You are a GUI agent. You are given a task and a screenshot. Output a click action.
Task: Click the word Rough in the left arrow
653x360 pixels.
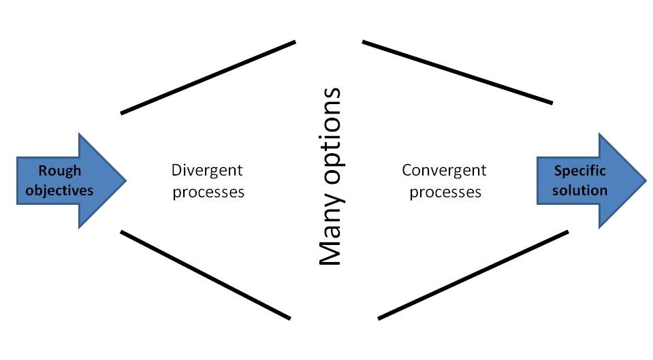[59, 171]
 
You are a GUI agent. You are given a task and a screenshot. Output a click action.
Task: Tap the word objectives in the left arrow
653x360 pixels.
[59, 191]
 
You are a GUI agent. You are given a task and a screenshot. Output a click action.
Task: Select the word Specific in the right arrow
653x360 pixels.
[579, 171]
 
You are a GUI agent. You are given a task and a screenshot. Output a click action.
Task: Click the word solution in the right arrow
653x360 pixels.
[579, 190]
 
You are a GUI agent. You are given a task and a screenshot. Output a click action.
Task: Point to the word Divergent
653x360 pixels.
[207, 171]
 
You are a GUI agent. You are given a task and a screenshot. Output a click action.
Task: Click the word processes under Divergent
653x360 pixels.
[208, 193]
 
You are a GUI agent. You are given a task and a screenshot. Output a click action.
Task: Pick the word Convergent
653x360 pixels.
[444, 171]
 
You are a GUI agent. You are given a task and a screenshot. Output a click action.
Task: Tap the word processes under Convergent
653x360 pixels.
[445, 193]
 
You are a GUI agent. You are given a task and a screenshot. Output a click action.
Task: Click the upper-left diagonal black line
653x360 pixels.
[208, 78]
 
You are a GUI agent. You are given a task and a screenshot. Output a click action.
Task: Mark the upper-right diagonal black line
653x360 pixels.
[458, 72]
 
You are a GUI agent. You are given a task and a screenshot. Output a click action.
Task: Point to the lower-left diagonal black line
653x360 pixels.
[206, 275]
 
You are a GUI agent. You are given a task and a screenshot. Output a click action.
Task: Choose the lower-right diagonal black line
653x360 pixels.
[473, 275]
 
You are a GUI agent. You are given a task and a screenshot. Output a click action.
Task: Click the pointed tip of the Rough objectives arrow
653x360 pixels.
[126, 180]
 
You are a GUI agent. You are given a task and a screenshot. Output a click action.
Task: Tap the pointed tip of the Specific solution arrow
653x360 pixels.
[646, 180]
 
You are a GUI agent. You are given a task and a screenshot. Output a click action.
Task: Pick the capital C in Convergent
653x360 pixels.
[407, 170]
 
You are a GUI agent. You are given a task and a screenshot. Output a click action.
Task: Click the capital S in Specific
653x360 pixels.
[558, 171]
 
